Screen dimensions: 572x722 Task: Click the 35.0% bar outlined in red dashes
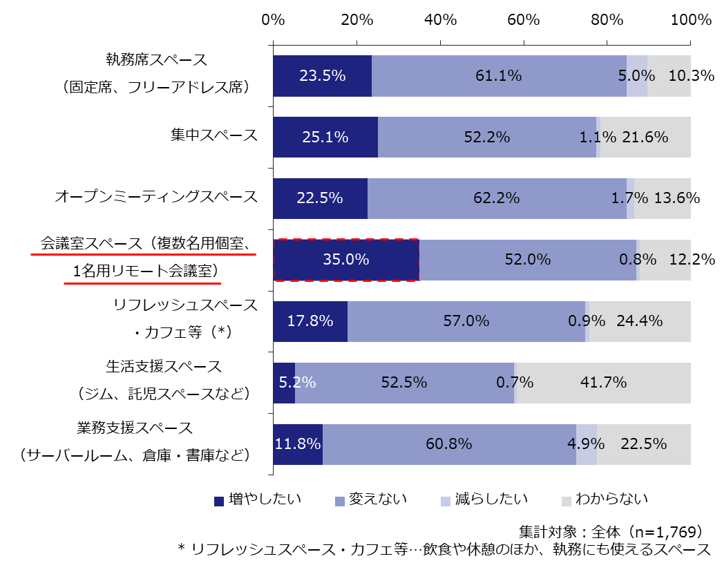[x=346, y=260]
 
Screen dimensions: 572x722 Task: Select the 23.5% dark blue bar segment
[x=322, y=76]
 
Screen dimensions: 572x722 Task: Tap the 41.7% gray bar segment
[x=603, y=383]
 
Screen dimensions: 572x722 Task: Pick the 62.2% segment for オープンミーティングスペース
[x=497, y=198]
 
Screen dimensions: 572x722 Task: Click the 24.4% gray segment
[x=639, y=321]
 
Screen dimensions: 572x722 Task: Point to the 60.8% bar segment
[x=449, y=444]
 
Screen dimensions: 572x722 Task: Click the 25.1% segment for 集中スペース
[x=325, y=137]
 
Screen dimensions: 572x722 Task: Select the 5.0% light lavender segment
[x=636, y=76]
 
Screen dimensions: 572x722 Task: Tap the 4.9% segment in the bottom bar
[x=586, y=444]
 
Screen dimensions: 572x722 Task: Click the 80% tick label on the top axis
[x=607, y=19]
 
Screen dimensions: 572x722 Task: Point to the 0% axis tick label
[x=274, y=19]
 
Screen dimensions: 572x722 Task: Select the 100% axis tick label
[x=690, y=19]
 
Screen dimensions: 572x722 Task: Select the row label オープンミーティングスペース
[x=156, y=197]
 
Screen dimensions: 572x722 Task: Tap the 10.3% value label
[x=691, y=76]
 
